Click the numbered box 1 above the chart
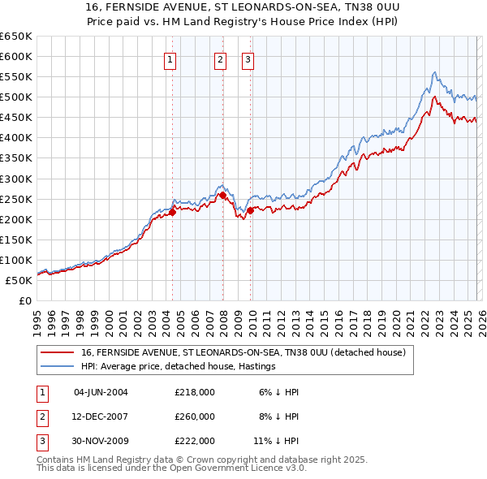click(x=170, y=58)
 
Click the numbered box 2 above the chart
click(x=221, y=58)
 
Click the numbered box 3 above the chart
click(x=248, y=58)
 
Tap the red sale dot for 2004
click(x=172, y=212)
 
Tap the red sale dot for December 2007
click(x=222, y=195)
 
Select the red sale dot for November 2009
click(x=251, y=210)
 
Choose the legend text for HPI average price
click(x=179, y=367)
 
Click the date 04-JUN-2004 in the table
click(x=101, y=392)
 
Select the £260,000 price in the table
click(x=195, y=416)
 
